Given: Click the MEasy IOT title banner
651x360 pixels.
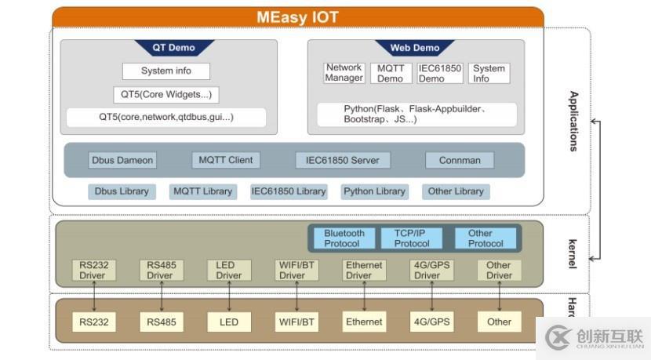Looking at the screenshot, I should (x=297, y=17).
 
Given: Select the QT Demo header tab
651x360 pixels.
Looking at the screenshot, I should (x=173, y=48).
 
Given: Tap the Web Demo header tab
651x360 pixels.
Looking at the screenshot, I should (x=415, y=48).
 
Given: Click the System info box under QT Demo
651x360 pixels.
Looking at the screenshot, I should (x=166, y=71).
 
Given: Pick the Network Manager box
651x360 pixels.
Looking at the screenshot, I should (x=344, y=73).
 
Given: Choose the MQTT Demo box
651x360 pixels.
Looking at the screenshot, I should (x=390, y=73).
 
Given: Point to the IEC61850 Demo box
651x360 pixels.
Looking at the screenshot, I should (x=439, y=73).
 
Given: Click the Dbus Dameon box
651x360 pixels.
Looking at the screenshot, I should (x=122, y=160).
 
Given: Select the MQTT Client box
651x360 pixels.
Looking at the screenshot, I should (x=226, y=160).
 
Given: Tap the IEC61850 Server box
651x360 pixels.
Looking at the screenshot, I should (x=342, y=160).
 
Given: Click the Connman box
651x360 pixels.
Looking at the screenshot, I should (x=460, y=160).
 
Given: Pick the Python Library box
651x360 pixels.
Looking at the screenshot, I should (x=374, y=191).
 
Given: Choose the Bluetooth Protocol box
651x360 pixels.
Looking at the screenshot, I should (x=344, y=238).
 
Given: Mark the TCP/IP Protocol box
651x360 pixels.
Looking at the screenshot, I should (x=412, y=238).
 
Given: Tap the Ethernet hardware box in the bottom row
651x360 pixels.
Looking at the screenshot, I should (x=364, y=322).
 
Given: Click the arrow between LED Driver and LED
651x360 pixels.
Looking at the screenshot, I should (x=229, y=296).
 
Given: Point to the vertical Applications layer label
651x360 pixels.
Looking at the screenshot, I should (x=573, y=121).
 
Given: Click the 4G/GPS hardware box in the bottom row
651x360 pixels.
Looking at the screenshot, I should (x=431, y=322).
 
